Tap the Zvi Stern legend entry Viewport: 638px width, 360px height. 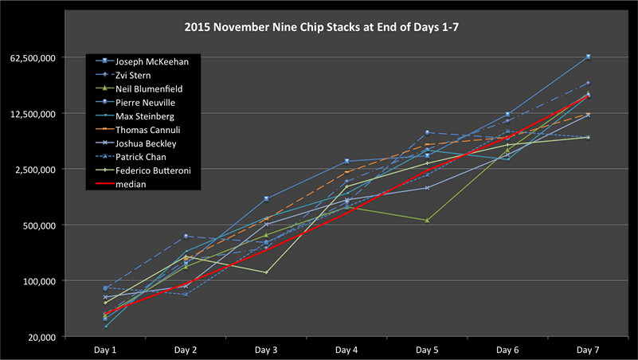pyautogui.click(x=135, y=75)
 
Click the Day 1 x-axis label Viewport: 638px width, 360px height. pyautogui.click(x=104, y=350)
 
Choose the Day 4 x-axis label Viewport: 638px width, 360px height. pyautogui.click(x=346, y=350)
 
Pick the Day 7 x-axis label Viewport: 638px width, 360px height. pyautogui.click(x=588, y=350)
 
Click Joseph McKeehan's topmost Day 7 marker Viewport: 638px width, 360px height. pyautogui.click(x=588, y=57)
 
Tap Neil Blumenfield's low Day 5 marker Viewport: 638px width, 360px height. pyautogui.click(x=427, y=220)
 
